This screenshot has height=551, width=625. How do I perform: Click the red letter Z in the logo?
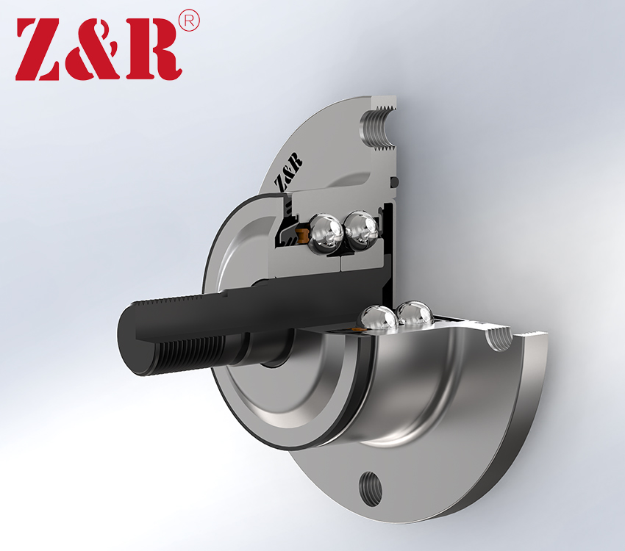[40, 49]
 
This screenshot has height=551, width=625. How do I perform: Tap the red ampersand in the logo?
[95, 48]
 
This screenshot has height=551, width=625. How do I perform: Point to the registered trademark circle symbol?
[189, 21]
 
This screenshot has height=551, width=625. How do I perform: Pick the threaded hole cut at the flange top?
[377, 128]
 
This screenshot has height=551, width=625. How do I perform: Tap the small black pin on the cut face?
[395, 181]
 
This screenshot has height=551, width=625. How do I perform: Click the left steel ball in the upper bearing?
[326, 234]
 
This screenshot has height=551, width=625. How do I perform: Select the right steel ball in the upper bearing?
[362, 230]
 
